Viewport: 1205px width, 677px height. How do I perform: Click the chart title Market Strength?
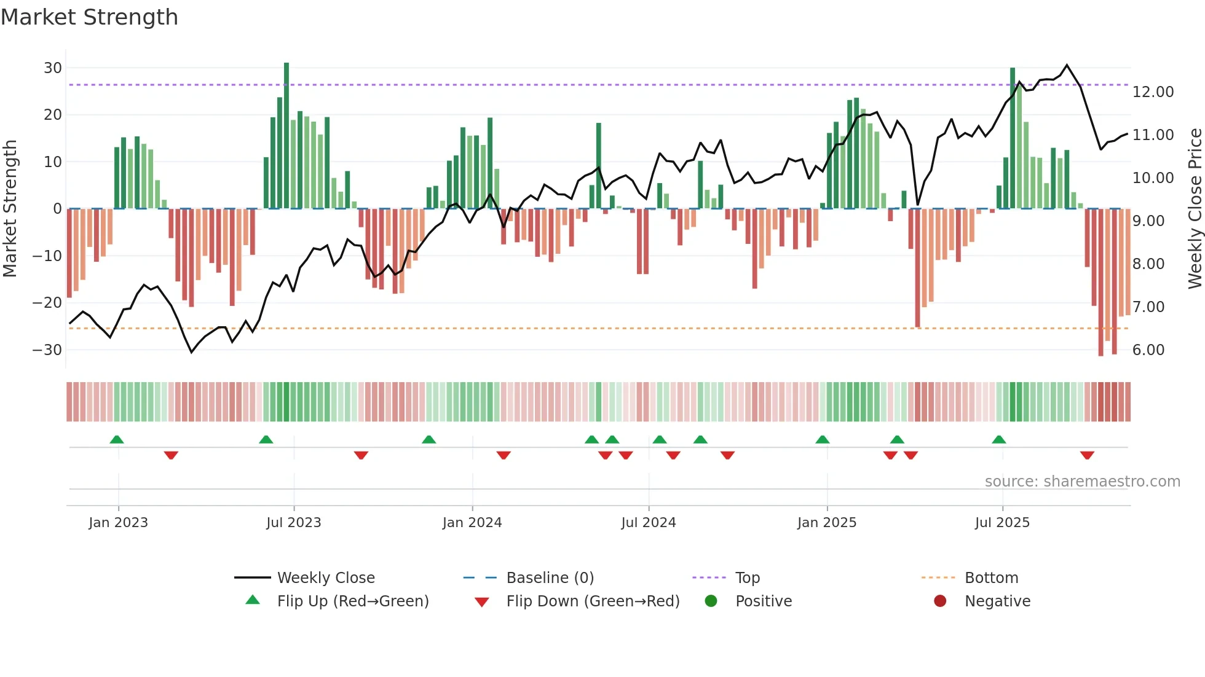(89, 17)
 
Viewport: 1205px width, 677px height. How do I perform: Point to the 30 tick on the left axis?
(52, 68)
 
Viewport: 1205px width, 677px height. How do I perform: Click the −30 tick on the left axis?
(47, 350)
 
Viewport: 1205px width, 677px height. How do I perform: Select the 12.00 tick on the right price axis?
(1153, 92)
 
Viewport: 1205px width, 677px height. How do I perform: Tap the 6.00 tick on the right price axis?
(1148, 350)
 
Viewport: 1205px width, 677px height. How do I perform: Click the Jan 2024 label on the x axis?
(472, 523)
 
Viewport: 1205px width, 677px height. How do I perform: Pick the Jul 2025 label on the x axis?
(1002, 523)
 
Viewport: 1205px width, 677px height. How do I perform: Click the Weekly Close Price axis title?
(1195, 209)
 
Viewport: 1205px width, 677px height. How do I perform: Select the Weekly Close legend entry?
(325, 578)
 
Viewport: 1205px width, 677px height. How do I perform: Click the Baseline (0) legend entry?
(550, 578)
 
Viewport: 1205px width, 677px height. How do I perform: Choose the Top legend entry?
(747, 578)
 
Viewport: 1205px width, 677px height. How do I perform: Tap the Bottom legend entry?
(991, 578)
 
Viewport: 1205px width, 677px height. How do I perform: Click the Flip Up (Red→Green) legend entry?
(352, 601)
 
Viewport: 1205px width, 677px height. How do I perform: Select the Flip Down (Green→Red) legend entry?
(593, 601)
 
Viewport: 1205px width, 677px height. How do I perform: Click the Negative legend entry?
(997, 601)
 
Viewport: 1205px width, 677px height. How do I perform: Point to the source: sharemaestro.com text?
(1082, 482)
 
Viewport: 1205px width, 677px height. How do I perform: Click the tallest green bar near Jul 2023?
(286, 135)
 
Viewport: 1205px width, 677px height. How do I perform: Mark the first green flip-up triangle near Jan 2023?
(117, 439)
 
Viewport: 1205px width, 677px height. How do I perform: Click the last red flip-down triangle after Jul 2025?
(1087, 455)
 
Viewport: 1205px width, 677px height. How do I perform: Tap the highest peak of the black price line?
(1067, 65)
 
